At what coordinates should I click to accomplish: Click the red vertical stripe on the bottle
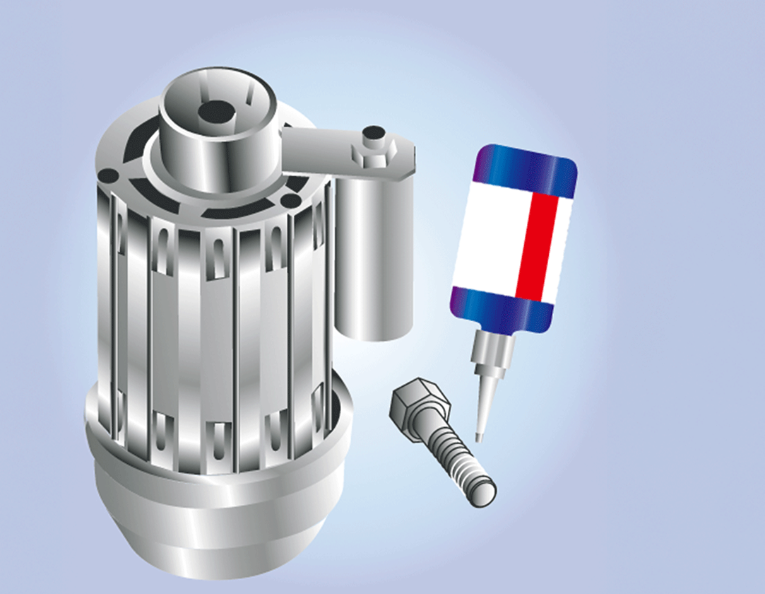pos(536,244)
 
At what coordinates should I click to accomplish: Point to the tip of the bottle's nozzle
pos(478,436)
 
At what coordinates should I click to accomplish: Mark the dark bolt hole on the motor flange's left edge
pos(107,175)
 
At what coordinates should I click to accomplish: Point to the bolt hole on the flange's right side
pos(290,201)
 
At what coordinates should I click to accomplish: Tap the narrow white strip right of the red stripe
pos(562,244)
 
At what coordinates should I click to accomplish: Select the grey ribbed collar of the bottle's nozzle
pos(490,354)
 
